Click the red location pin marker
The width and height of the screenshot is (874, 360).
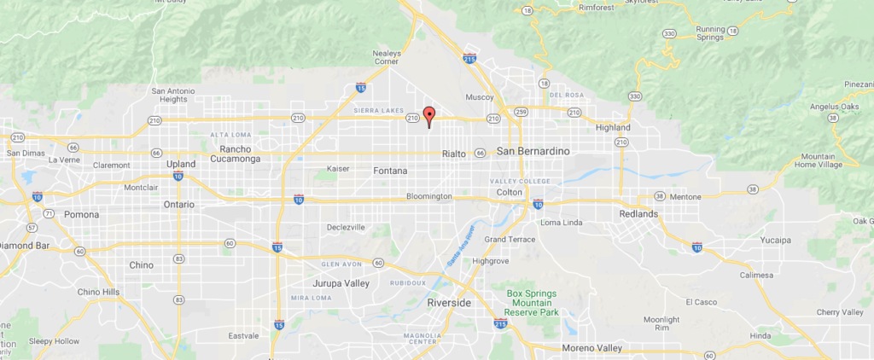[x=429, y=116]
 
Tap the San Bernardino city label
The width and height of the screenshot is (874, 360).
[x=533, y=152]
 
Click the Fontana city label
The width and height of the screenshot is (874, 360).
[x=391, y=171]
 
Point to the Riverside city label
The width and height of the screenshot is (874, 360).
[x=449, y=303]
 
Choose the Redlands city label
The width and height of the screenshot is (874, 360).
[x=639, y=213]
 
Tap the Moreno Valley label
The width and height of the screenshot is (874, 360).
[x=592, y=348]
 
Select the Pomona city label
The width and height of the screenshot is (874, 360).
[x=82, y=214]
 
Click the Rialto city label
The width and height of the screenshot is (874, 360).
[x=454, y=154]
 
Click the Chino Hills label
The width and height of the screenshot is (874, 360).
[x=99, y=292]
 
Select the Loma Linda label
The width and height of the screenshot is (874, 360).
[x=561, y=223]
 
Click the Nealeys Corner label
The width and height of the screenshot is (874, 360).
[x=387, y=57]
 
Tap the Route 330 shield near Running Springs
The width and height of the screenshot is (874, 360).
[x=669, y=33]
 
